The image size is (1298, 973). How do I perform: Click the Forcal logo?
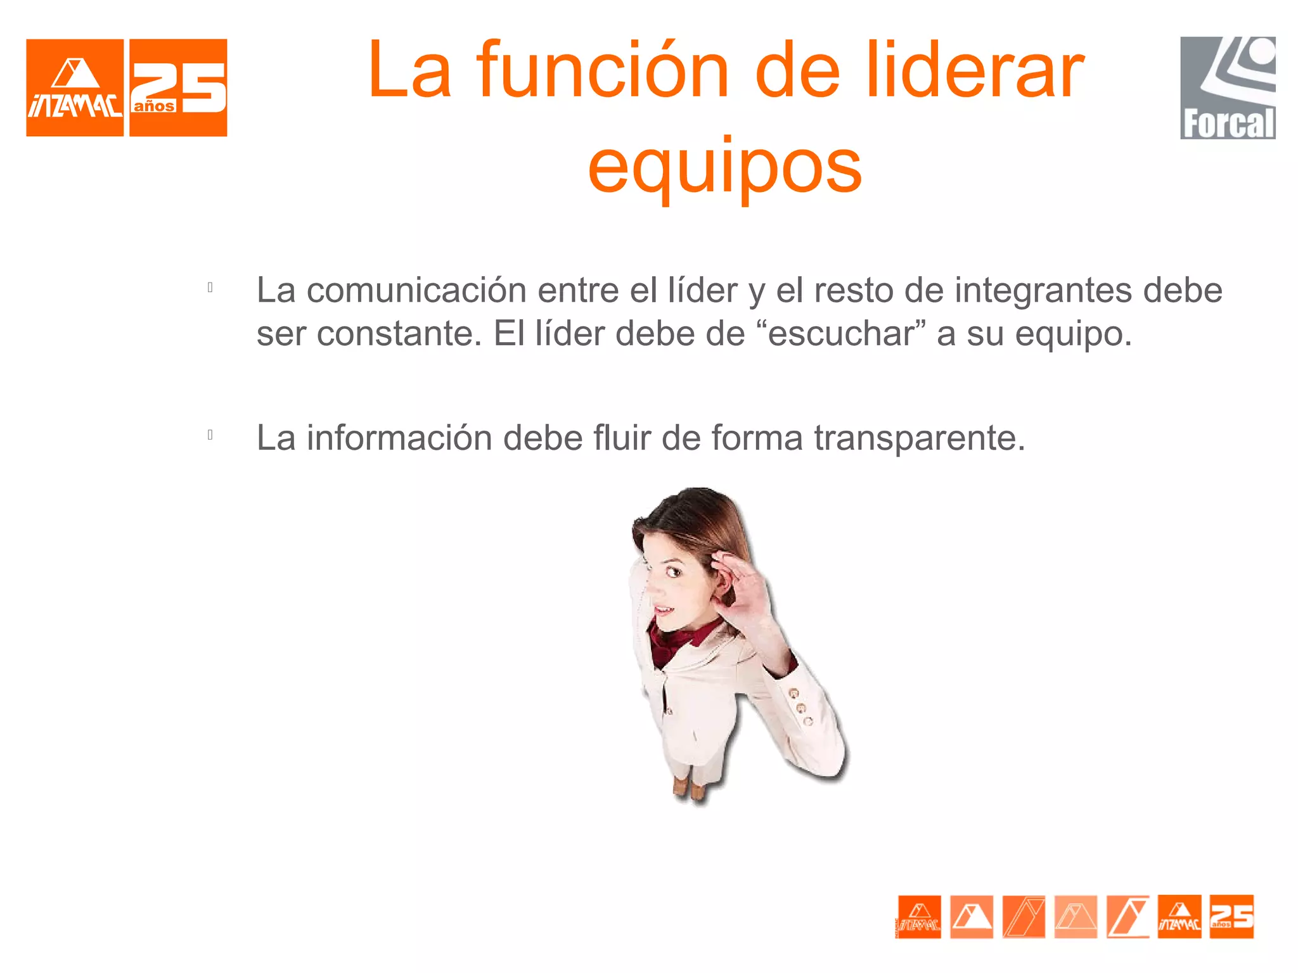click(x=1228, y=87)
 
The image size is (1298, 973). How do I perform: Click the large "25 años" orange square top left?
click(x=178, y=87)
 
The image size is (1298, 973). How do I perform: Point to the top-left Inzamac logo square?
click(x=75, y=87)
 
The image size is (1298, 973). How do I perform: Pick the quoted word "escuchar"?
click(x=842, y=334)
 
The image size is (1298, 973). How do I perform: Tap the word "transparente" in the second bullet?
click(x=919, y=438)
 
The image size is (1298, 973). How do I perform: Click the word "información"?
click(x=399, y=438)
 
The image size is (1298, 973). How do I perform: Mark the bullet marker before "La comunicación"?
click(x=210, y=288)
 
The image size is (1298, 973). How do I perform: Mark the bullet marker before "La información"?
click(x=210, y=435)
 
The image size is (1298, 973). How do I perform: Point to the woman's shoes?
click(x=690, y=788)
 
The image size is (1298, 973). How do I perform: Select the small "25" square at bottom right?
click(x=1231, y=917)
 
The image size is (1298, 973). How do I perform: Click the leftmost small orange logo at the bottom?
click(x=919, y=917)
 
